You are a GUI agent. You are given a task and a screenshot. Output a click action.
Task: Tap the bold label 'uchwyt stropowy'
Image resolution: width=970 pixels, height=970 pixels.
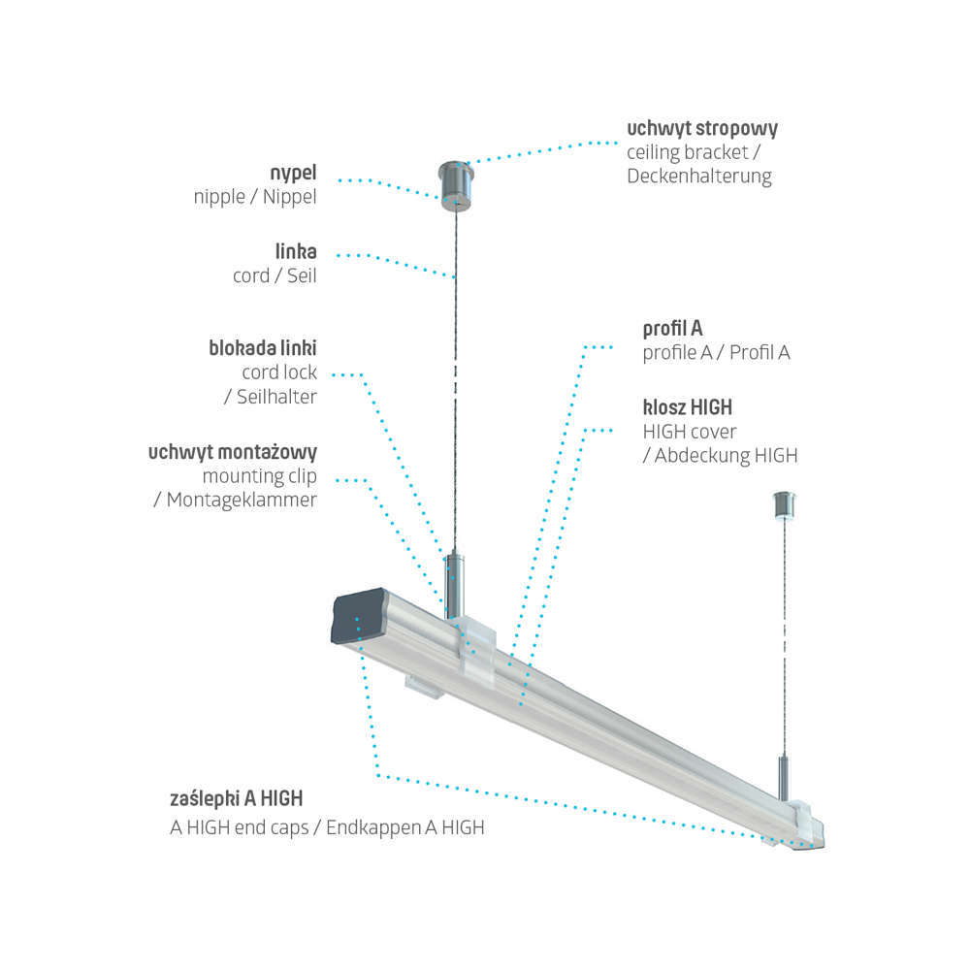[702, 128]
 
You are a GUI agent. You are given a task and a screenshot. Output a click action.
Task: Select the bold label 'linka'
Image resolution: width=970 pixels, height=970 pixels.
[295, 252]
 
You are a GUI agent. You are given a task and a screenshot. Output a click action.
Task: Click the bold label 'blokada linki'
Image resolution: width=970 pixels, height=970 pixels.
[263, 347]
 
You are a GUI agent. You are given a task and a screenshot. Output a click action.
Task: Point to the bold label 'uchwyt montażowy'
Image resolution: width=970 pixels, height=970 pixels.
[233, 453]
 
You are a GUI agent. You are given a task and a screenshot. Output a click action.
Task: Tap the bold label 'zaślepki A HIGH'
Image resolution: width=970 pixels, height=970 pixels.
[236, 798]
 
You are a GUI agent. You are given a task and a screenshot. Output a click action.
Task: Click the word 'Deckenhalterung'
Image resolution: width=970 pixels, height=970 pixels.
[699, 177]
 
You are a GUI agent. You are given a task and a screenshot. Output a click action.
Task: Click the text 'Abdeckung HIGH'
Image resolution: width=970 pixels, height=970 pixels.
[726, 455]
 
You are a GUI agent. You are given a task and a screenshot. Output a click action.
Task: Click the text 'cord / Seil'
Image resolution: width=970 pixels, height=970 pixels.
[275, 275]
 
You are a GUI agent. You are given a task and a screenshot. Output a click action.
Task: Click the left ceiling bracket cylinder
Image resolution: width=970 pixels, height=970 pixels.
[455, 182]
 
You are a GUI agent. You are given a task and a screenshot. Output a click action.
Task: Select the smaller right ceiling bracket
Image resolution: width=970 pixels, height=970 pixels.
[784, 503]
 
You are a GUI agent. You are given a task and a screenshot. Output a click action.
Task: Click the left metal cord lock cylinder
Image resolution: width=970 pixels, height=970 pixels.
[456, 586]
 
